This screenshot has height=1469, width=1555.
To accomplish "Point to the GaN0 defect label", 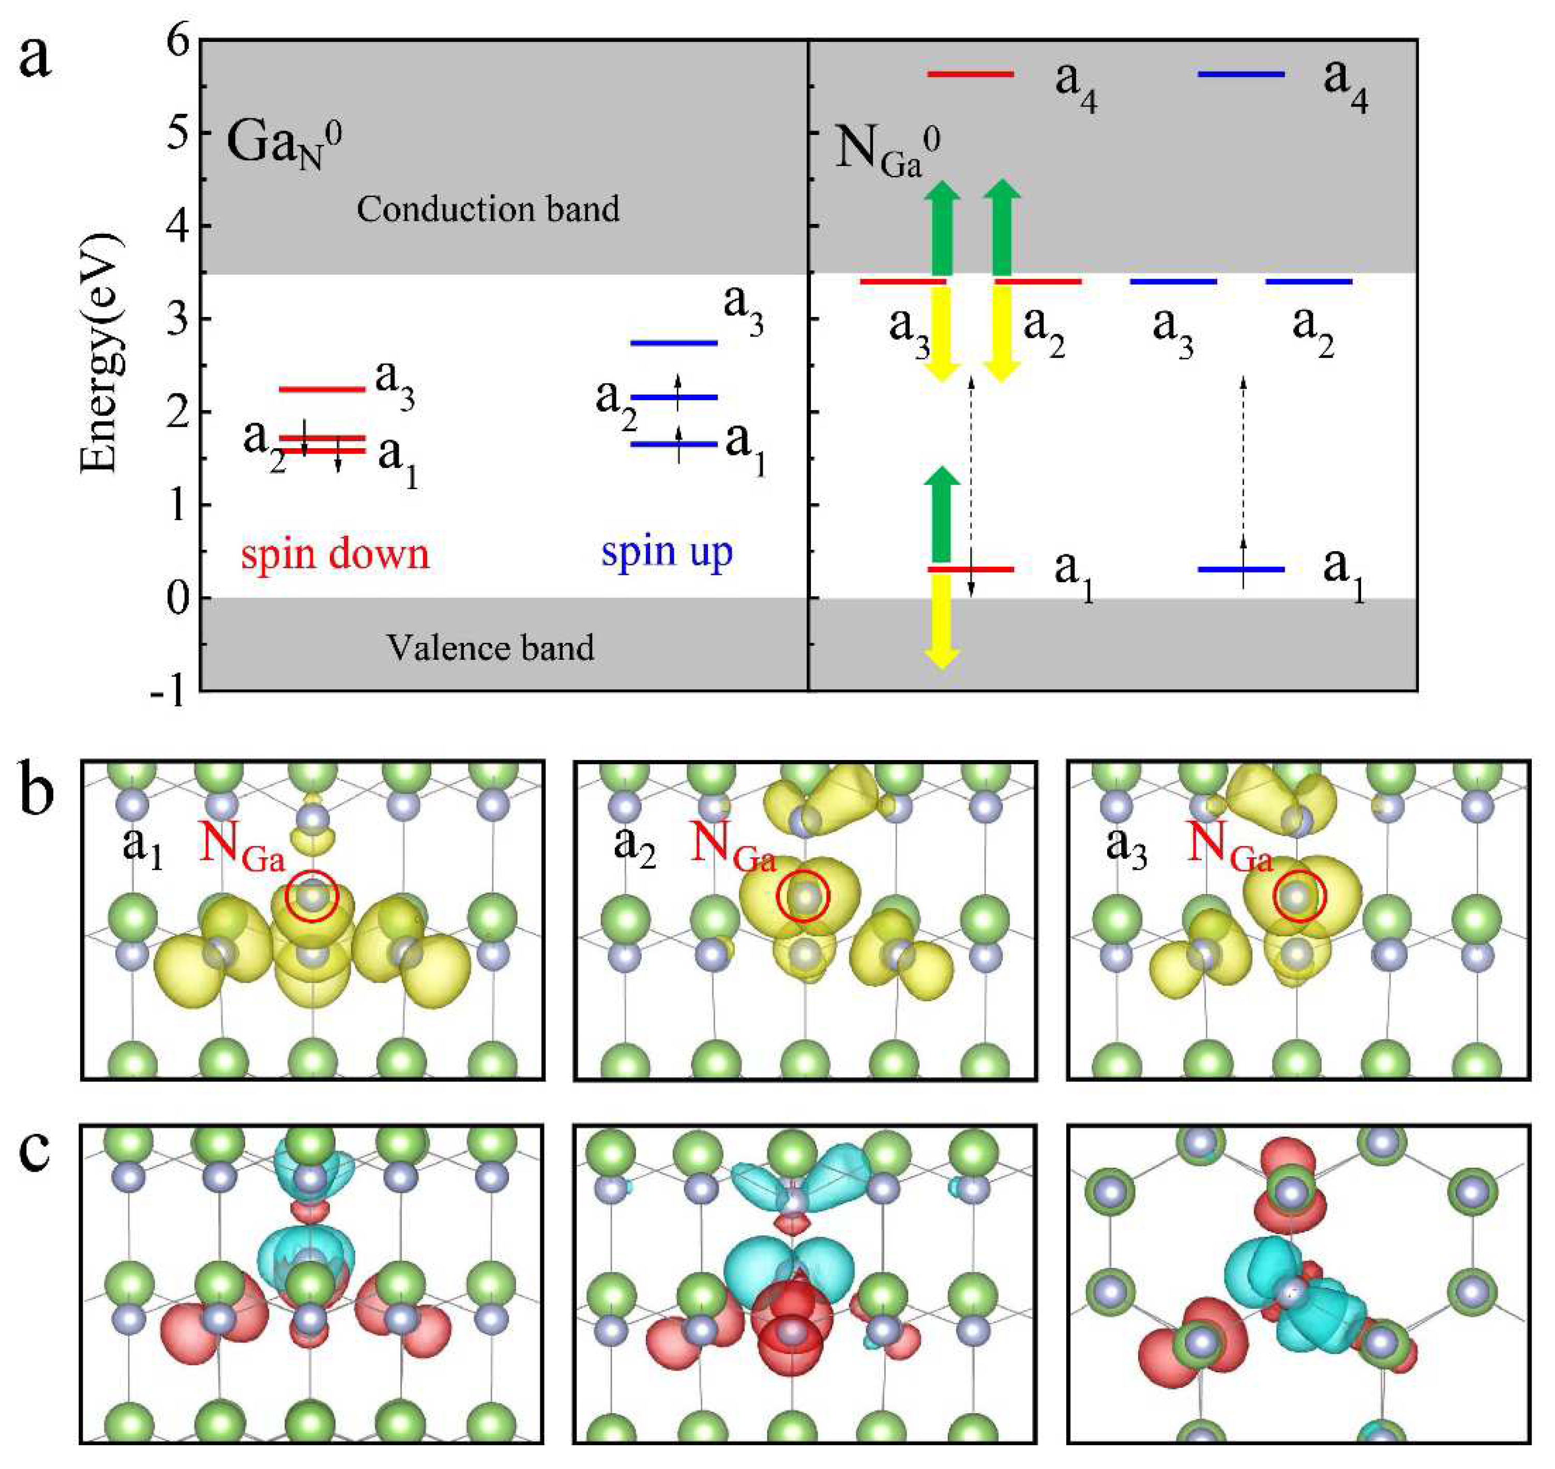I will [x=283, y=145].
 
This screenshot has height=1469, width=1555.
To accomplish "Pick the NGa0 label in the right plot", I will [x=887, y=149].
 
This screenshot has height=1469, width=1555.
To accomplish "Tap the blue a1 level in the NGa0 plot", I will [x=1241, y=569].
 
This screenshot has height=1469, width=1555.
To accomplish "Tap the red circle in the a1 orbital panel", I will [x=312, y=897].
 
